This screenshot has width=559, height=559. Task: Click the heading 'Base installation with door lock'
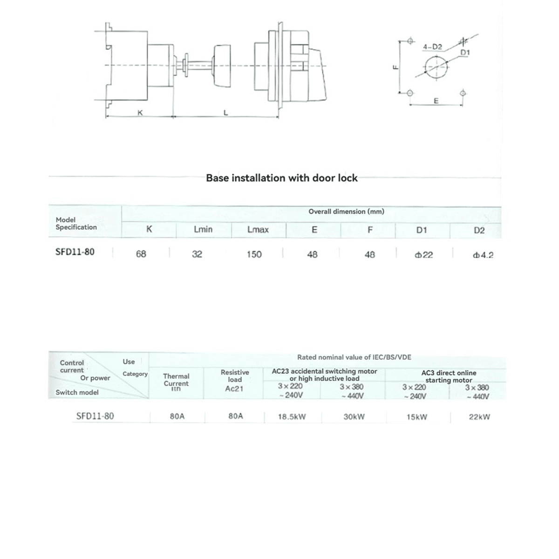click(282, 178)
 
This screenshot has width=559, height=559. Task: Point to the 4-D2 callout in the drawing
click(432, 47)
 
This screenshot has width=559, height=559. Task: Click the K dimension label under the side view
click(139, 112)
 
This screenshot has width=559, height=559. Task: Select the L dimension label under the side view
click(225, 112)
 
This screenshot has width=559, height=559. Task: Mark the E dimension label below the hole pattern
click(436, 101)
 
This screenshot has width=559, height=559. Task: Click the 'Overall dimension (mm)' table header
click(346, 211)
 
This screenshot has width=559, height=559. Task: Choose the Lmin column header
click(203, 230)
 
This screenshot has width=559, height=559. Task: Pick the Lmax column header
click(258, 230)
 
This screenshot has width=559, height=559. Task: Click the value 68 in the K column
click(141, 254)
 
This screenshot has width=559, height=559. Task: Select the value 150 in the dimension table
click(254, 254)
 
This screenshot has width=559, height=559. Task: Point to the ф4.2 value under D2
click(483, 255)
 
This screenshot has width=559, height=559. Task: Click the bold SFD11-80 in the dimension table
click(75, 252)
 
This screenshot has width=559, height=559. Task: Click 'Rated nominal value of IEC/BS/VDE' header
click(354, 357)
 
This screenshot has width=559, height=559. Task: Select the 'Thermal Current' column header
click(176, 380)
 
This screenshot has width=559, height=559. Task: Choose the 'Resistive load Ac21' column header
click(234, 380)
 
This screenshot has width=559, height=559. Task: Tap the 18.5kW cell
click(292, 417)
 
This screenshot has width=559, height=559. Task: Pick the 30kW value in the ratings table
click(354, 416)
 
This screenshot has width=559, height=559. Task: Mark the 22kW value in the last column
click(479, 417)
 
